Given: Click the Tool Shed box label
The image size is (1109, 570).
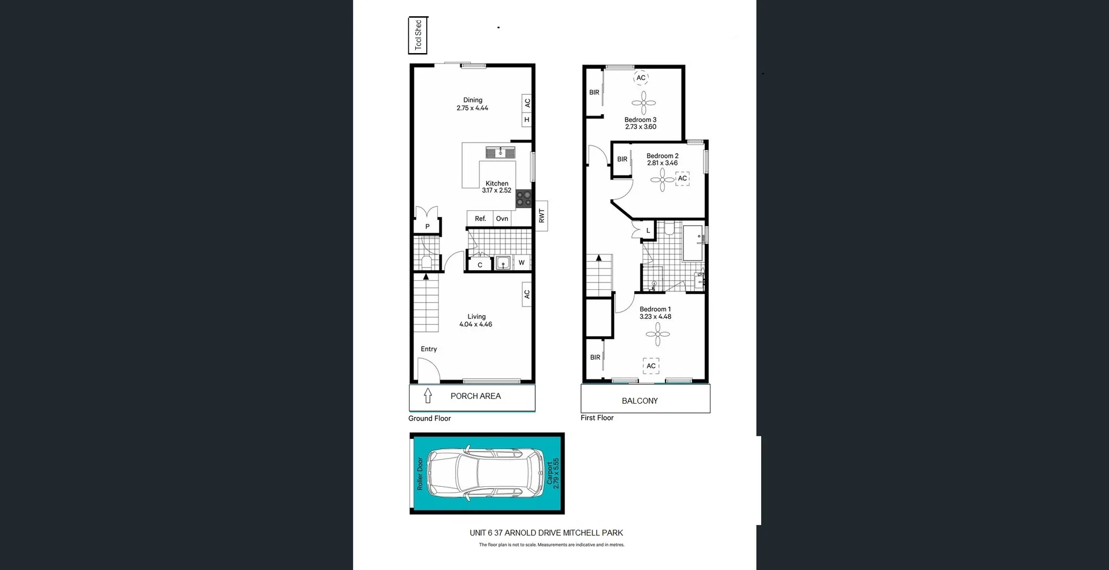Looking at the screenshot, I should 418,35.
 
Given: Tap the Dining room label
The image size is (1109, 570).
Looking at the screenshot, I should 472,104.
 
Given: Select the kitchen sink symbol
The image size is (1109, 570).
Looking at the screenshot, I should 500,152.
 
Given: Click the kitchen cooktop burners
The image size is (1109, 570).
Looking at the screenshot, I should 524,199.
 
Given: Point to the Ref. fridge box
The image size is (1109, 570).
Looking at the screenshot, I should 480,218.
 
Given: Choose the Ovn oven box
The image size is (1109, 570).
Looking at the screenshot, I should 502,218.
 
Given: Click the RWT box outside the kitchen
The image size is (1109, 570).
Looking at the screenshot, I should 541,216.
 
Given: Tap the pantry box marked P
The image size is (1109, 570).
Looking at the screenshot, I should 427,226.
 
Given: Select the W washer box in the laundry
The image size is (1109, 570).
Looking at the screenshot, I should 522,263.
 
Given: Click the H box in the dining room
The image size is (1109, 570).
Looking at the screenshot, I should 526,120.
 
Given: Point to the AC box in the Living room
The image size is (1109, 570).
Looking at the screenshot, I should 526,294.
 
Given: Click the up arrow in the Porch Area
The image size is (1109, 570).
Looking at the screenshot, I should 428,396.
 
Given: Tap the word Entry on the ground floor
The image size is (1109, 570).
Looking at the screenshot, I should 429,349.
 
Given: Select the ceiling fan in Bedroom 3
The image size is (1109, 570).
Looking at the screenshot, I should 643,103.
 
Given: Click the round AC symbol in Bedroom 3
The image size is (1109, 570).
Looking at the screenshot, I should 641,78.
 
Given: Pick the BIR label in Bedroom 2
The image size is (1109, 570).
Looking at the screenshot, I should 622,159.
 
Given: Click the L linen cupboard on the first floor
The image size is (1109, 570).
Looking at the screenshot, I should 648,230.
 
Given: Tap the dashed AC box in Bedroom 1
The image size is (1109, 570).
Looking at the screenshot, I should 651,366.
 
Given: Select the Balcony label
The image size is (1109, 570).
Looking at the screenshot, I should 639,401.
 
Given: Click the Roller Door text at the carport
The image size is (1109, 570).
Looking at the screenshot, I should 420,474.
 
